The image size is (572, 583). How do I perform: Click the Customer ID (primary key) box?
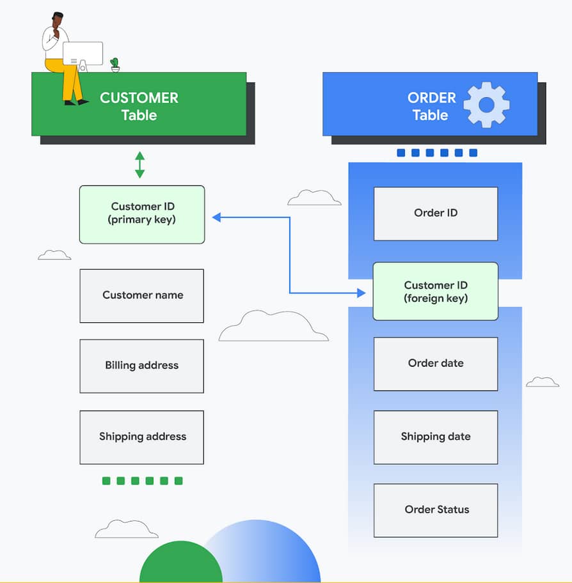coord(142,214)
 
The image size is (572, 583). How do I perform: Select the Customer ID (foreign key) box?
coord(435,291)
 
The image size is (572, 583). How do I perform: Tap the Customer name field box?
coord(142,295)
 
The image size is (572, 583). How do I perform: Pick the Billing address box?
coord(142,366)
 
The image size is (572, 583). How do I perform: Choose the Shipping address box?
coord(142,437)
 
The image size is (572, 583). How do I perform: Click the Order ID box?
coord(435,214)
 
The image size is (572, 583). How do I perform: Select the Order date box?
coord(435,364)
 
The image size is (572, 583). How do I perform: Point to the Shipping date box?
coord(435,437)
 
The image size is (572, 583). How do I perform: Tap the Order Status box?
coord(435,510)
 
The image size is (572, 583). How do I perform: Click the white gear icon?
coord(486,105)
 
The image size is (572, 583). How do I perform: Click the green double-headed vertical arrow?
coord(139,164)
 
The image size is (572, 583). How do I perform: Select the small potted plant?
coord(115,65)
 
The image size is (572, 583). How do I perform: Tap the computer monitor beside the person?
coord(83,54)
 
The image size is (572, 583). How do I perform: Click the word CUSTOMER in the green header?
coord(139,98)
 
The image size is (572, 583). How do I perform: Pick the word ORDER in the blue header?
coord(431,98)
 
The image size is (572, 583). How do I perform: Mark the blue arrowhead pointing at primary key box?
coord(216,217)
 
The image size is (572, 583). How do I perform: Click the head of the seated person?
coord(58,20)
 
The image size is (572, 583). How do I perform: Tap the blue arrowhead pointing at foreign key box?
coord(361,293)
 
